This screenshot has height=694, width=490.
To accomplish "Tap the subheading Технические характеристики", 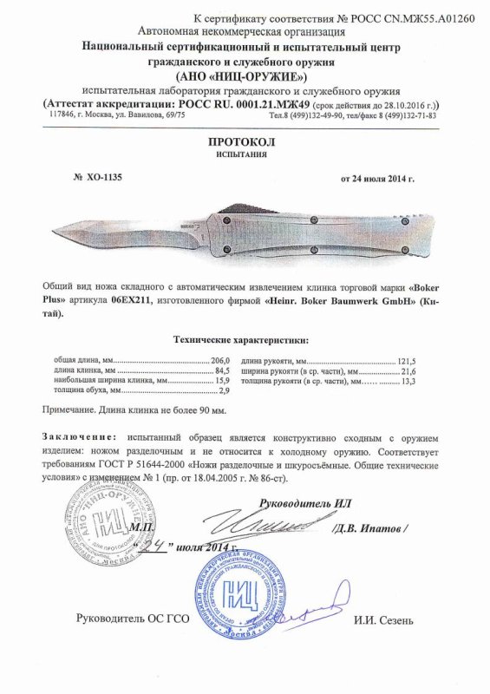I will click(x=245, y=340).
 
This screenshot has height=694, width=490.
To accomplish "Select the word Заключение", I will click(x=77, y=434).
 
